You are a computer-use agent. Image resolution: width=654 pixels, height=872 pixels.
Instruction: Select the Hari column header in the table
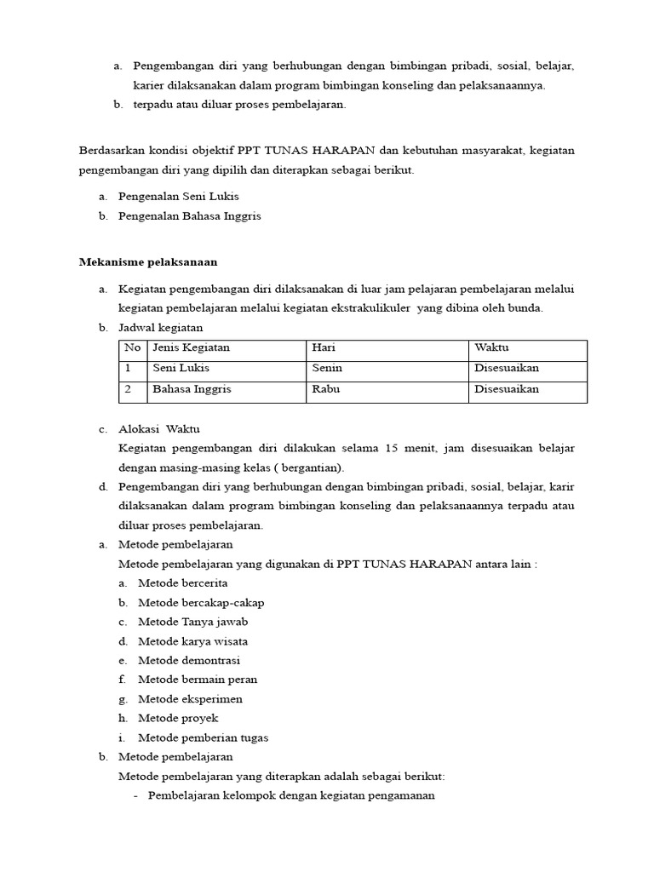[324, 347]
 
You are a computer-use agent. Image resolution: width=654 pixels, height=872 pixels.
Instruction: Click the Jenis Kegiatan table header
[191, 347]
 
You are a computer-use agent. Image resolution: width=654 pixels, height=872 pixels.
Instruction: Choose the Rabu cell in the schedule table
[326, 389]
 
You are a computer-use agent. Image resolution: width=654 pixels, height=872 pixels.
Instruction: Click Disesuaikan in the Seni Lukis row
[506, 368]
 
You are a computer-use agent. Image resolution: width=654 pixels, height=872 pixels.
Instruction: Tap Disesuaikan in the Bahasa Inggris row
[506, 389]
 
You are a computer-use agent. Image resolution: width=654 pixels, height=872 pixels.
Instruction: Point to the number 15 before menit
[391, 448]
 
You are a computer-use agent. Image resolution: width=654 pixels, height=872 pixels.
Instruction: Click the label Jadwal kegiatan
[160, 328]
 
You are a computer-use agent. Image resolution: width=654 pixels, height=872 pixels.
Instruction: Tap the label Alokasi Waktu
[159, 429]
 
